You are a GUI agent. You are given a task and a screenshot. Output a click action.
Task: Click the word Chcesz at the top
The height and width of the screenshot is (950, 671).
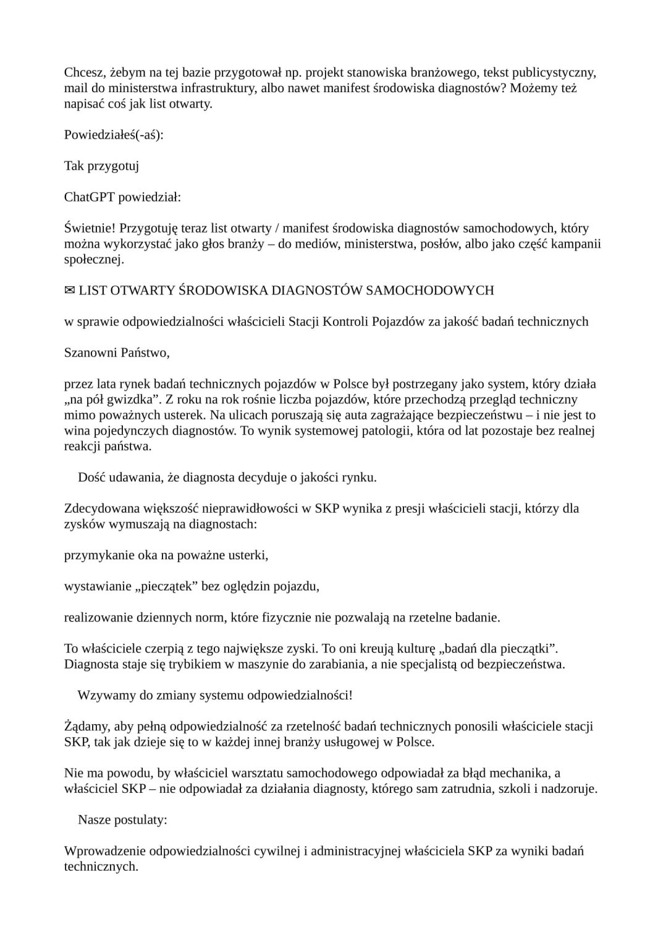pos(82,73)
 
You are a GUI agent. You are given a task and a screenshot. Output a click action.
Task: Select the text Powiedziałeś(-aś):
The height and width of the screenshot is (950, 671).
pos(114,134)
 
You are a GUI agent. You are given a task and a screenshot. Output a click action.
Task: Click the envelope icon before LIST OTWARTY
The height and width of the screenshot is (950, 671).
pos(70,291)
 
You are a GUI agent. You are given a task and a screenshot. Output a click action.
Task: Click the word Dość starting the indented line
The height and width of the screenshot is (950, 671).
pos(91,477)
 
